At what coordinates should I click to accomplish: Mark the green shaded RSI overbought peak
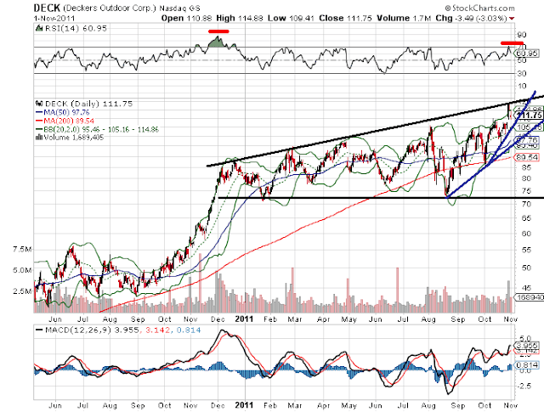point(218,42)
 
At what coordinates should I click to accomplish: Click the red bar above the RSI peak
point(219,31)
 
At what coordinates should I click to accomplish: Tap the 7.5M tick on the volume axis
point(20,250)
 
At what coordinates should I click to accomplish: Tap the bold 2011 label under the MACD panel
point(244,406)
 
